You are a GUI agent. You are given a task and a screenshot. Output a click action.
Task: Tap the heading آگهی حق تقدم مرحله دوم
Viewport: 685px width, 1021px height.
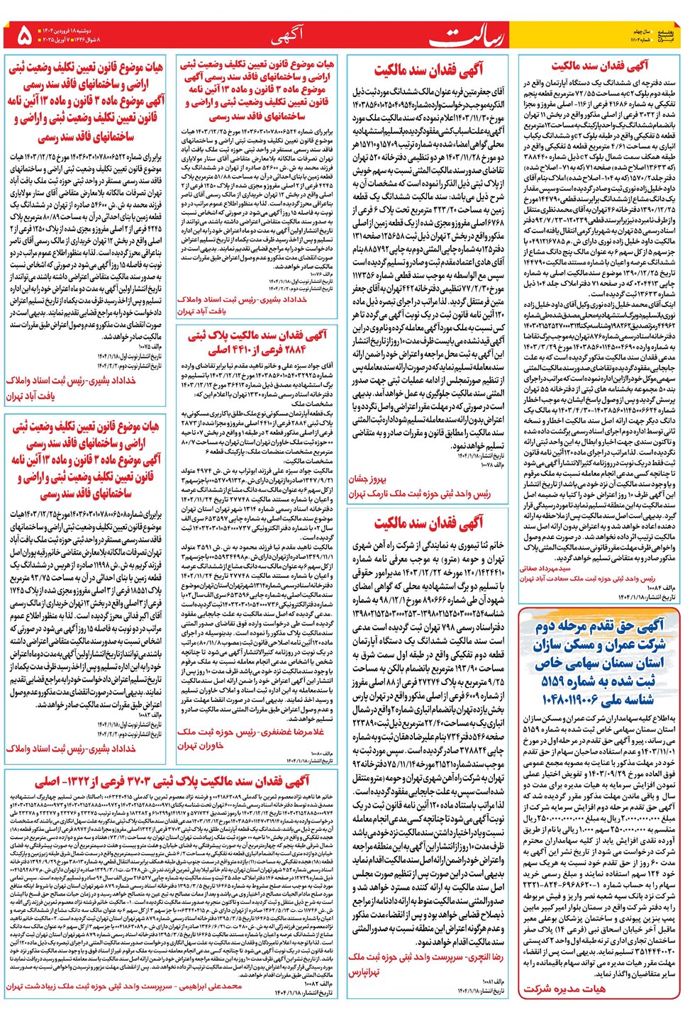click(x=600, y=626)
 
